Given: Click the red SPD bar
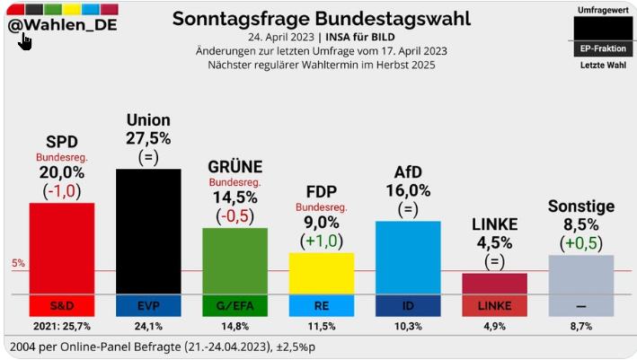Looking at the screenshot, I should (x=62, y=247).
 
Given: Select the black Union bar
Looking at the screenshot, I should (x=148, y=230).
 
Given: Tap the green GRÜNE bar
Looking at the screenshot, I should (x=234, y=259).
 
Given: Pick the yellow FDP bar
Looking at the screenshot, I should (x=321, y=272).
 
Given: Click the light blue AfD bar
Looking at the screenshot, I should (x=407, y=257).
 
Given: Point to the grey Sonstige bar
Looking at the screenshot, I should (x=580, y=274).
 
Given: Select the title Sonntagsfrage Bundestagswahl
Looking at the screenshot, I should (x=321, y=18).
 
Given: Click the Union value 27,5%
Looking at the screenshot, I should (x=148, y=137).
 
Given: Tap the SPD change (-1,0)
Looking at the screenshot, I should (x=62, y=190).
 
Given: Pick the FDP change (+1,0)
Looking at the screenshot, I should (x=321, y=240).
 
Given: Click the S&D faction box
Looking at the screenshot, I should (x=62, y=305).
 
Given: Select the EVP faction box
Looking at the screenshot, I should (x=148, y=305).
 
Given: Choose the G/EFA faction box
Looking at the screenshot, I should (x=234, y=305).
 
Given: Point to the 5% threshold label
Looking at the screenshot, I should (x=18, y=263).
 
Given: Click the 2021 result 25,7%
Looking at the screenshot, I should (x=62, y=327).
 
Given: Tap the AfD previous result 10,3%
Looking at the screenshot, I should (x=407, y=327).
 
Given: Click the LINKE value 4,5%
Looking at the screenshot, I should (x=494, y=243).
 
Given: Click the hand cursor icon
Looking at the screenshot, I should (x=25, y=41).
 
